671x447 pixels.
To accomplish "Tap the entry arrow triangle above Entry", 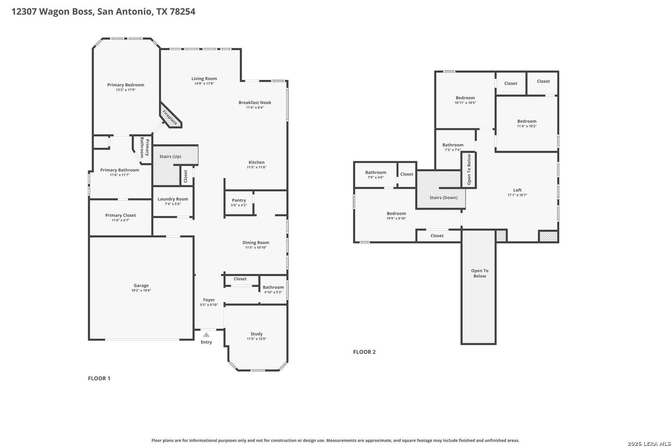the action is [x=206, y=335].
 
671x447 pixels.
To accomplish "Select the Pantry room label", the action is [x=239, y=200].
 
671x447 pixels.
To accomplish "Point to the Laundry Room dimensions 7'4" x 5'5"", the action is [x=173, y=204].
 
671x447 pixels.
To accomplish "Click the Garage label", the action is [x=141, y=286].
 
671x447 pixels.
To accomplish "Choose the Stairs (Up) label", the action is [x=170, y=156].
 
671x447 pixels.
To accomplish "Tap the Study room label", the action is [x=256, y=334].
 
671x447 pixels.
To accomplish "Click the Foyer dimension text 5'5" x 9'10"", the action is [x=209, y=305].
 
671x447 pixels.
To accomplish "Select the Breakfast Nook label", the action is [x=255, y=102].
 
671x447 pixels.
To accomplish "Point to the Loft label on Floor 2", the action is [x=517, y=190].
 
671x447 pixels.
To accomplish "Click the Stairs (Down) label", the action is [x=444, y=197].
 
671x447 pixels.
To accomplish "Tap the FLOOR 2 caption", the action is [x=364, y=352].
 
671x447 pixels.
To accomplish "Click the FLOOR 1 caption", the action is [x=99, y=378].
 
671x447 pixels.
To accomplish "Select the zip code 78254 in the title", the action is [x=182, y=12].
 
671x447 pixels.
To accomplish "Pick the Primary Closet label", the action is [x=121, y=215].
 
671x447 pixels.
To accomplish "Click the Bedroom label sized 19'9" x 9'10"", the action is [x=396, y=214].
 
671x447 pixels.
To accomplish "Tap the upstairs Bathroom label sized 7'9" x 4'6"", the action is [x=376, y=173].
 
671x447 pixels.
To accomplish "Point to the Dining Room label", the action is [x=256, y=243].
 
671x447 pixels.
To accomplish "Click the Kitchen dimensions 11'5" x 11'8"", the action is [x=256, y=167].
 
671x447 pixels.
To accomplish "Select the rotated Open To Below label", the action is [x=469, y=169].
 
